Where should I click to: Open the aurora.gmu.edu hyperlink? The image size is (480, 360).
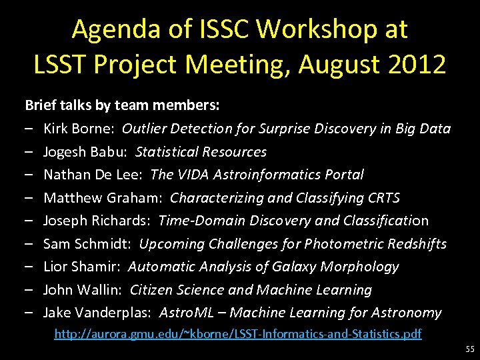(237, 334)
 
